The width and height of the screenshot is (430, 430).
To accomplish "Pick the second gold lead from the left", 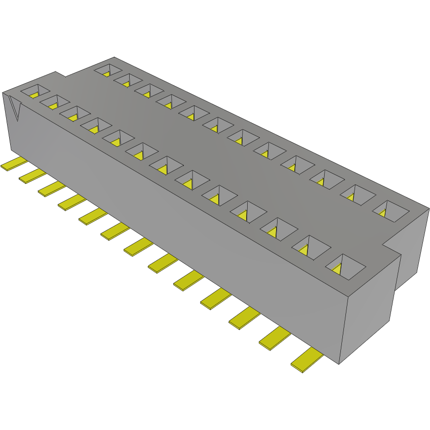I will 31,174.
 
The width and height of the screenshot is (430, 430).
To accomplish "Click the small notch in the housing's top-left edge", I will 60,75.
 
